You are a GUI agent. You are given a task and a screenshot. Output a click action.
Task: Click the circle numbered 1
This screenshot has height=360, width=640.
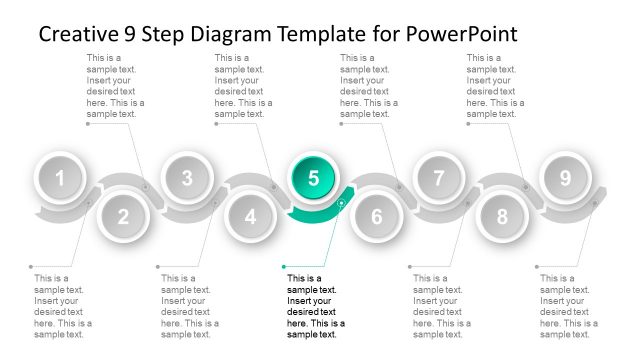60,179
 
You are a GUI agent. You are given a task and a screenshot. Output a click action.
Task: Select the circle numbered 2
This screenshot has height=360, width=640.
123,216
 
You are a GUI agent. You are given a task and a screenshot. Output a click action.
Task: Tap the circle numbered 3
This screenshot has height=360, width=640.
187,179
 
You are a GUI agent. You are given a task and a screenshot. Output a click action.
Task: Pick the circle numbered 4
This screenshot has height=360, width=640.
250,216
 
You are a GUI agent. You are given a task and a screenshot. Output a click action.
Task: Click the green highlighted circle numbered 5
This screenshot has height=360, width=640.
313,178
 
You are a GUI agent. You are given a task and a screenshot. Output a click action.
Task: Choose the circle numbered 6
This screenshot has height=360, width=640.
376,216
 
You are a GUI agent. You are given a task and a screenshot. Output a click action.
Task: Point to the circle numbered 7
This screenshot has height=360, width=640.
439,179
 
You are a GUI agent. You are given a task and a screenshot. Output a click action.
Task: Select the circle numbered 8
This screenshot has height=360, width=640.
502,216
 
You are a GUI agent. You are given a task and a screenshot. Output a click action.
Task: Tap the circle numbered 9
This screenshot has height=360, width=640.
565,179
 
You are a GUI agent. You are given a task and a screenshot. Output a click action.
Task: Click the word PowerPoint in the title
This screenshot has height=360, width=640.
462,34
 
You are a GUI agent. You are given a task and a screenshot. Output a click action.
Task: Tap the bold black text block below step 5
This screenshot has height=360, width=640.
316,306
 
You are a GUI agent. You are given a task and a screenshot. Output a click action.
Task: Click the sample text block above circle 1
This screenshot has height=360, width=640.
116,86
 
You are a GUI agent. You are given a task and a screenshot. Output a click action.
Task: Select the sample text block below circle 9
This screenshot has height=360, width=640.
569,306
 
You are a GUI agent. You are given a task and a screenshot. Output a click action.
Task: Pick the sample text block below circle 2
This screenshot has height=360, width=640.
63,306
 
